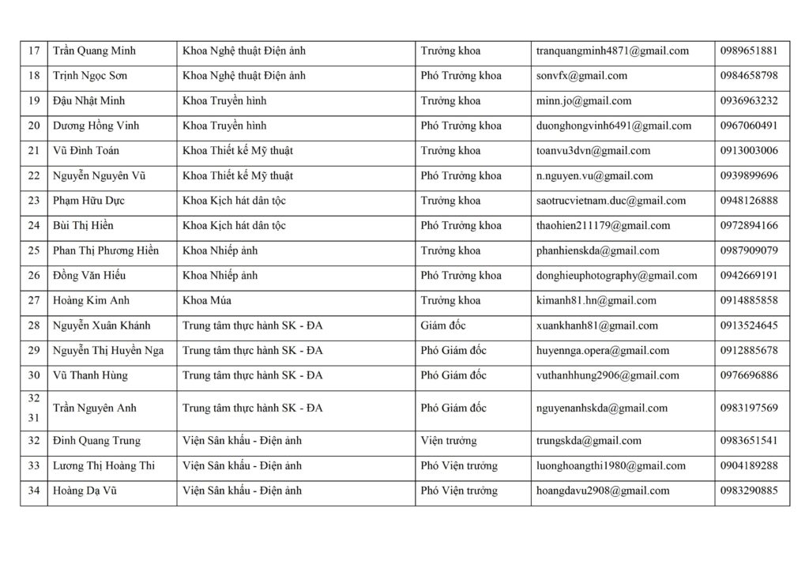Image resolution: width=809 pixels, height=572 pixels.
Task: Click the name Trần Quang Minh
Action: point(94,51)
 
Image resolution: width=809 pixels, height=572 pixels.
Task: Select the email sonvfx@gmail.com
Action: point(581,76)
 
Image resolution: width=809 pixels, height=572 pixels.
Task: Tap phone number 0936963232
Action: point(749,101)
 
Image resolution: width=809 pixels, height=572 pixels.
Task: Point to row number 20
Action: point(34,126)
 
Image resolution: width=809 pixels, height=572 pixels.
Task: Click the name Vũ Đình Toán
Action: point(86,151)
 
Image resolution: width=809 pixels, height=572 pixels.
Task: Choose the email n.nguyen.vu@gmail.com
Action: point(594,176)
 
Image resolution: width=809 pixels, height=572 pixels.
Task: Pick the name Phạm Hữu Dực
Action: point(88,201)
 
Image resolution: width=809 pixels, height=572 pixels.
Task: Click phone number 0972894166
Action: point(749,226)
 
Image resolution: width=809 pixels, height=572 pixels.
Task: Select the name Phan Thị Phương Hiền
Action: point(106,251)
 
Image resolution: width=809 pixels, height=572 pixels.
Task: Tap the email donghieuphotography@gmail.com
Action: point(616,276)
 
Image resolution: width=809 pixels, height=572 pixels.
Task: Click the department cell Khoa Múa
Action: point(207,301)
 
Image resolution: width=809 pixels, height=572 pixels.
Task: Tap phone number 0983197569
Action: point(749,408)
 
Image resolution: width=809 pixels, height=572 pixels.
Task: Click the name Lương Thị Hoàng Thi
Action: point(103,466)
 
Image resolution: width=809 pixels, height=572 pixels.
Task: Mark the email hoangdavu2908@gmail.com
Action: point(602,491)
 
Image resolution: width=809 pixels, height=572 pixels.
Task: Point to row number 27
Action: point(34,301)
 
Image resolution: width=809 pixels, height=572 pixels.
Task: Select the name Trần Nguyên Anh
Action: point(95,408)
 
